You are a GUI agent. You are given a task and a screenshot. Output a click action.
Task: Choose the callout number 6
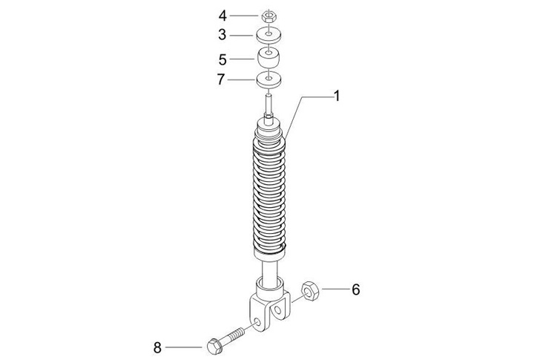(x=355, y=289)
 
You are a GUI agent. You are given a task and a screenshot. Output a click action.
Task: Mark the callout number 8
(x=157, y=347)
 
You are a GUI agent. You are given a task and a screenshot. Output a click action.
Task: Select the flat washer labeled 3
(x=270, y=34)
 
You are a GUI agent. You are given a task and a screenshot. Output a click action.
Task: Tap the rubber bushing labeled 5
(x=270, y=57)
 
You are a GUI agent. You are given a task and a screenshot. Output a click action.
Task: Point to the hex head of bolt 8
(x=213, y=345)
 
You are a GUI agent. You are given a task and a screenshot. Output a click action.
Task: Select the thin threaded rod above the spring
(x=270, y=100)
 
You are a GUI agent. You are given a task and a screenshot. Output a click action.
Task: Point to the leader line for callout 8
(x=182, y=347)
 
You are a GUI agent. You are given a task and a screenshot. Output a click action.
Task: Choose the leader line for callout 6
(x=334, y=289)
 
